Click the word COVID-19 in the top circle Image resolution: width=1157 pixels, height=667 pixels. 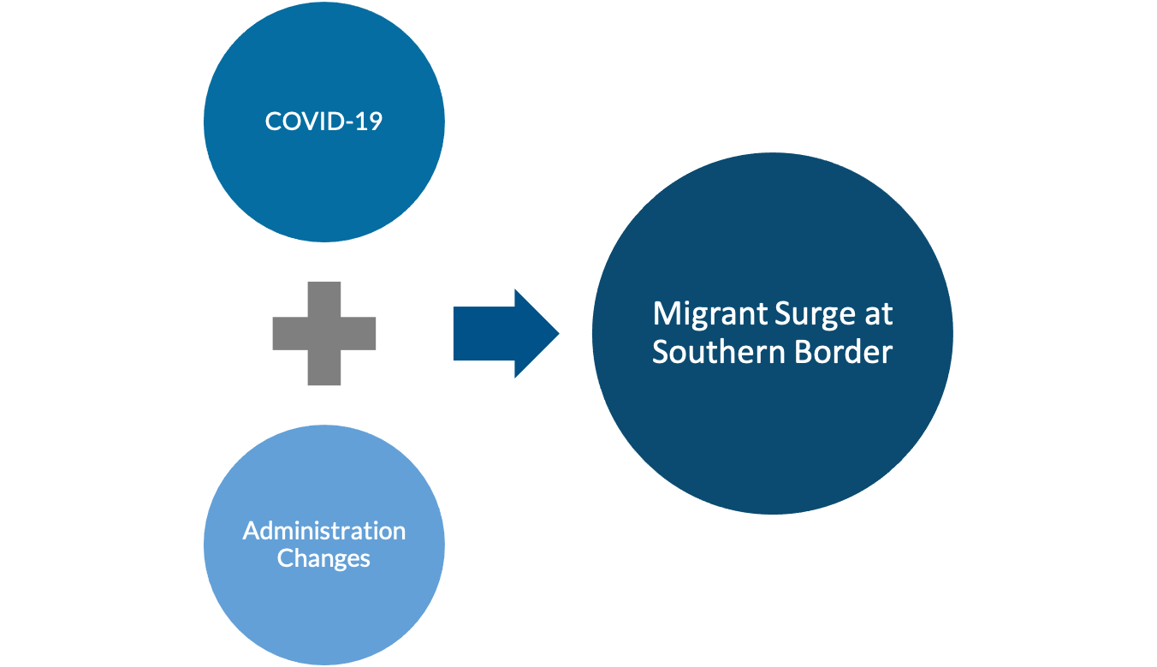(x=323, y=121)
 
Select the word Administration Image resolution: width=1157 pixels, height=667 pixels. (x=323, y=530)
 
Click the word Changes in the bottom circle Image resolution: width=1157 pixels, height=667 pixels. (x=323, y=558)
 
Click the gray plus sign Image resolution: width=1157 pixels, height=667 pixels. (x=323, y=333)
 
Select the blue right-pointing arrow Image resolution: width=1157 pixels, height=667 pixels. (x=505, y=333)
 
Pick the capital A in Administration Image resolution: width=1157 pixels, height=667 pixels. (x=251, y=530)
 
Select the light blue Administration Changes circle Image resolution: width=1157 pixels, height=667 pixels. (x=323, y=599)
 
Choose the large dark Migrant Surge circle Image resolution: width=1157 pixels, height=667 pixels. (x=772, y=428)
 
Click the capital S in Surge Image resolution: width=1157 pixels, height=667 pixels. (x=782, y=314)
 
